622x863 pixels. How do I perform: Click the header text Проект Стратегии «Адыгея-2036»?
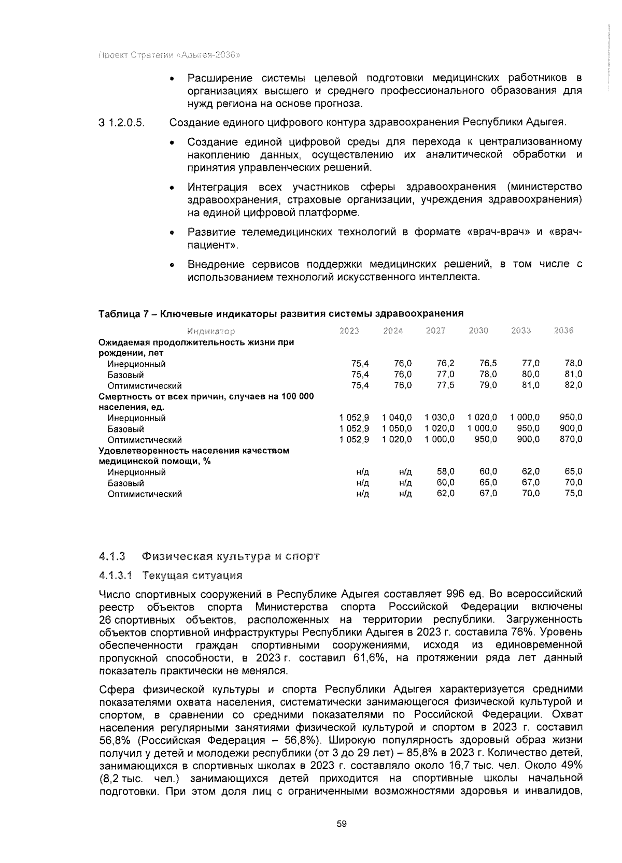pyautogui.click(x=168, y=54)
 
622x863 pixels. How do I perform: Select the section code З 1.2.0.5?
pyautogui.click(x=121, y=123)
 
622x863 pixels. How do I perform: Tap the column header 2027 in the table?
pyautogui.click(x=435, y=330)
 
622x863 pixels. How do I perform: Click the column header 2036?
pyautogui.click(x=563, y=330)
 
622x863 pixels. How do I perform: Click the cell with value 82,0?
pyautogui.click(x=573, y=385)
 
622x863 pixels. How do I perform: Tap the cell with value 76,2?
pyautogui.click(x=445, y=364)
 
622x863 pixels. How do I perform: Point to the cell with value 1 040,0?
pyautogui.click(x=397, y=418)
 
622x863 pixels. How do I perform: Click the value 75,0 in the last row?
pyautogui.click(x=573, y=494)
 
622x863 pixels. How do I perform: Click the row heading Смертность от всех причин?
pyautogui.click(x=206, y=402)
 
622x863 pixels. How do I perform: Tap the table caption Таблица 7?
pyautogui.click(x=280, y=313)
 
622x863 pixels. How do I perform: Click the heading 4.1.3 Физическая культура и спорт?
pyautogui.click(x=209, y=556)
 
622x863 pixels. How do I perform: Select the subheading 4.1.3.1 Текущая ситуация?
pyautogui.click(x=171, y=576)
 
